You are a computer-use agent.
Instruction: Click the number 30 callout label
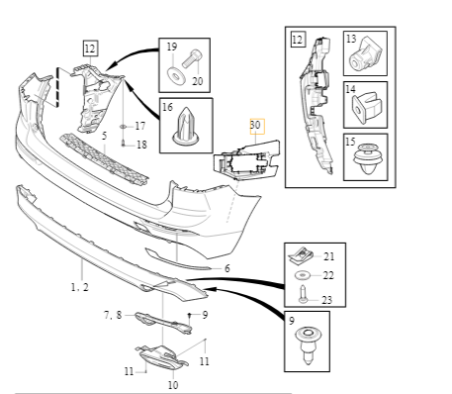pyautogui.click(x=255, y=125)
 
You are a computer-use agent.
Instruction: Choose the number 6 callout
pyautogui.click(x=226, y=268)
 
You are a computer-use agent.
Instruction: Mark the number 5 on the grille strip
pyautogui.click(x=104, y=134)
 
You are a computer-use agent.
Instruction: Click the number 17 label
pyautogui.click(x=139, y=126)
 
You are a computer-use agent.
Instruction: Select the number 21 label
pyautogui.click(x=328, y=256)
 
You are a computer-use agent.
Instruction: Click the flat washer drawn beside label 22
pyautogui.click(x=304, y=274)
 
